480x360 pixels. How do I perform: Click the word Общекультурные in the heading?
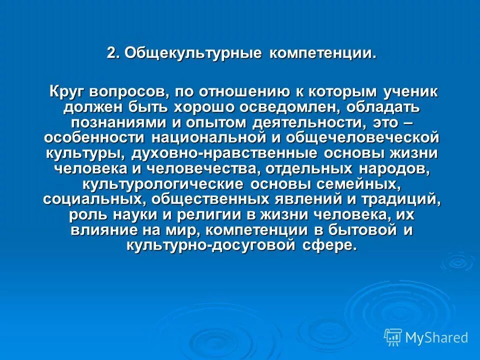tap(193, 53)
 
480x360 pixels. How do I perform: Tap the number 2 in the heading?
tap(111, 53)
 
